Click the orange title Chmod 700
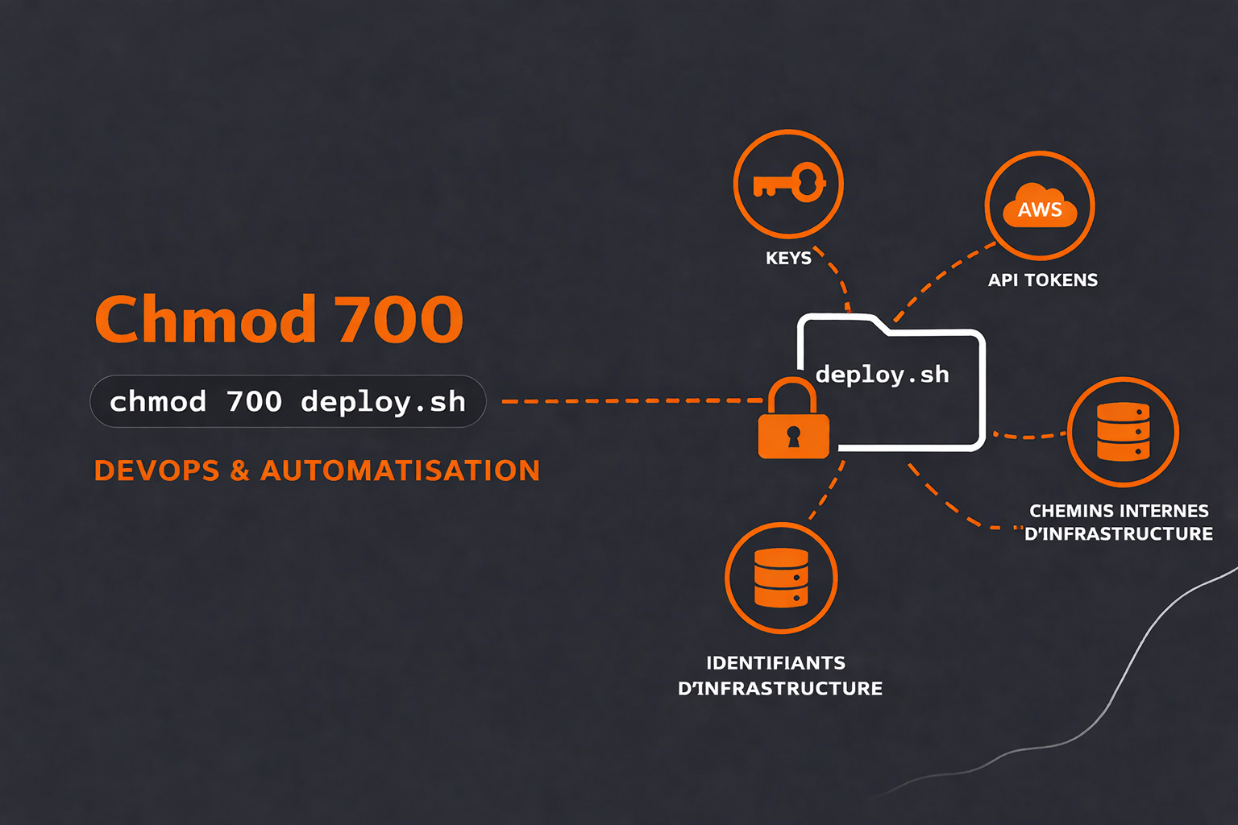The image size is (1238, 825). pos(279,319)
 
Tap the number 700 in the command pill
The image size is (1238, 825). pos(254,401)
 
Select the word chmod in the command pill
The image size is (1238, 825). pos(158,401)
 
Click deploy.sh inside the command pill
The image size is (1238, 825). pos(383,401)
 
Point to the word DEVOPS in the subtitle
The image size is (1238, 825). pos(156,471)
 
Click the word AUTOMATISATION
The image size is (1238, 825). pos(400,471)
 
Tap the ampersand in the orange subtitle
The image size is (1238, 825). pos(239,471)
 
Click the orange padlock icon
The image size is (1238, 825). pos(793,423)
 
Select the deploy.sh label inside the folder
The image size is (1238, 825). pos(882,375)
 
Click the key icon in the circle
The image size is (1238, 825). pos(788,184)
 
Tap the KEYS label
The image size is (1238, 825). pos(788,259)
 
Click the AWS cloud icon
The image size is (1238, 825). pos(1040,207)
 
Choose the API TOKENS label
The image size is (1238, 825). pos(1043,280)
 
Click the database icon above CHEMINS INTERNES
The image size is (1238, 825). pos(1123,432)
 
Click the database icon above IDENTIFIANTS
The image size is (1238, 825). pos(781,578)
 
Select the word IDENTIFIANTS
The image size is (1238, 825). pos(775,663)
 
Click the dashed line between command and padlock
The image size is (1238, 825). pos(629,400)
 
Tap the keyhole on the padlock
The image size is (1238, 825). pos(793,437)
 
